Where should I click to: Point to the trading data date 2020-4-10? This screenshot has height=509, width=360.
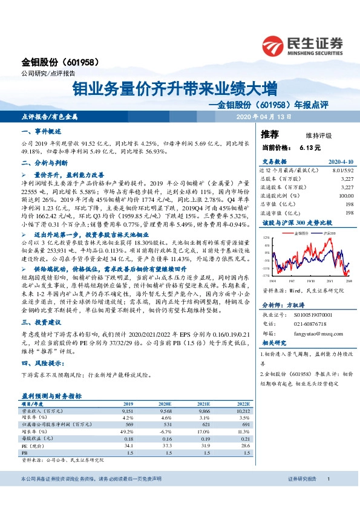pos(341,162)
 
